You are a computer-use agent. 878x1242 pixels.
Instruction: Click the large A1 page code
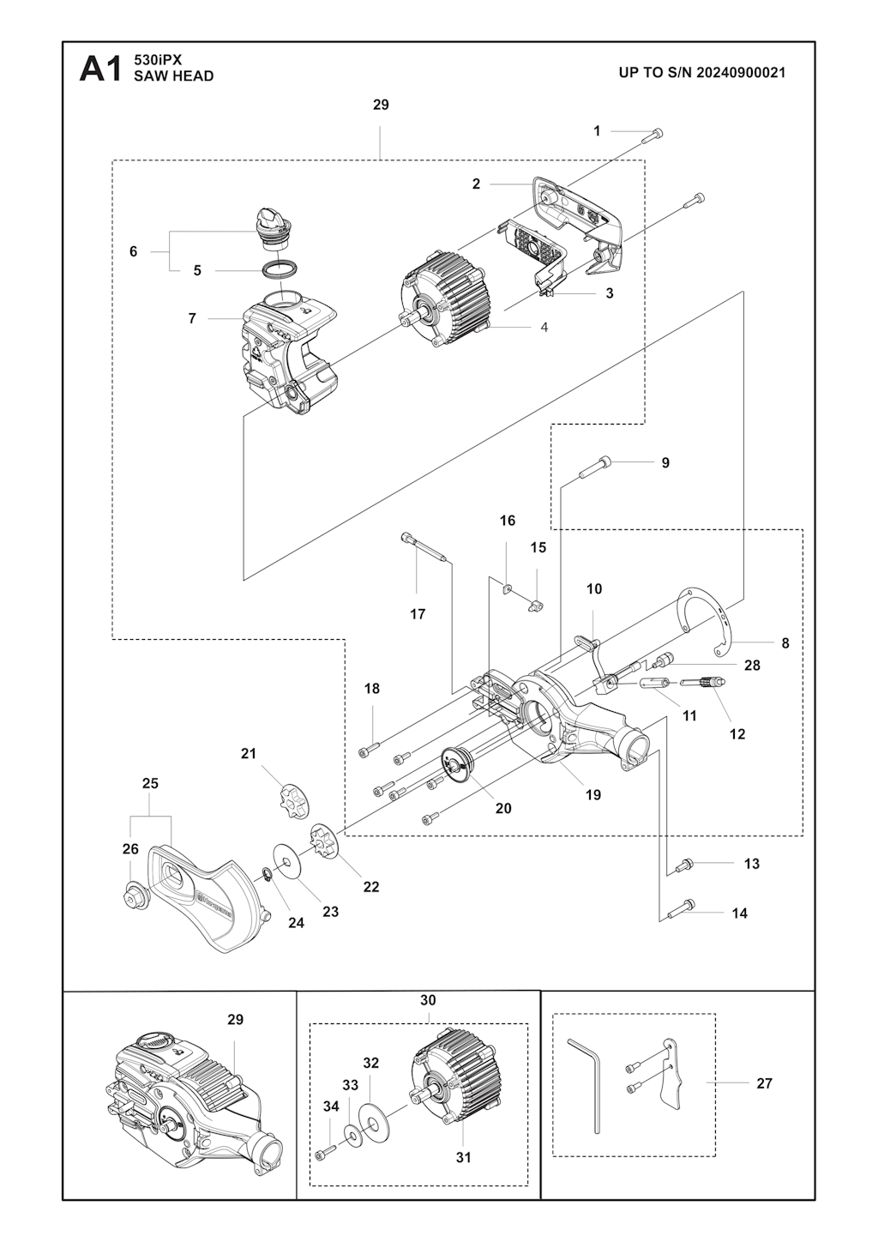pos(101,69)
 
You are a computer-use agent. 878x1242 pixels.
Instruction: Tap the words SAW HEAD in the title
pos(173,76)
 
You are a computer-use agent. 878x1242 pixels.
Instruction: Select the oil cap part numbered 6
pos(274,222)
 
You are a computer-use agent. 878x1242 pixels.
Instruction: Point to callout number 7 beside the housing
pos(192,318)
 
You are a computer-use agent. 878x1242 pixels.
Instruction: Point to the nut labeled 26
pos(135,895)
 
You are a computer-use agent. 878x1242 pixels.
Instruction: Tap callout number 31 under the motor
pos(463,1157)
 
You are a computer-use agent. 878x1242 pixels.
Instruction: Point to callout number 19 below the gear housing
pos(593,794)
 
